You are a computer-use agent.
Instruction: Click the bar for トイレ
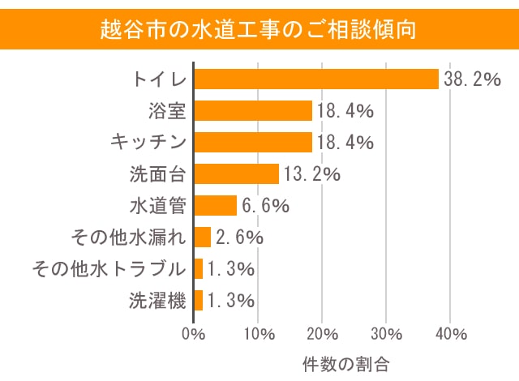tap(316, 79)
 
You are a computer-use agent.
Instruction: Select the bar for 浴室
tap(253, 110)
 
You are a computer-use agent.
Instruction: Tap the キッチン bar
tap(253, 142)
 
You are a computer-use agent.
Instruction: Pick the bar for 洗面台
tap(236, 173)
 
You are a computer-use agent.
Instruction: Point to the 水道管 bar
tap(216, 205)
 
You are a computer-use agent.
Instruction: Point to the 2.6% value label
tap(240, 238)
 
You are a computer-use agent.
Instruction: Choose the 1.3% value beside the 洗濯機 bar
tap(230, 301)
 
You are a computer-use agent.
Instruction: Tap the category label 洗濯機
tap(158, 301)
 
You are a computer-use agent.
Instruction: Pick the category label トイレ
tap(159, 79)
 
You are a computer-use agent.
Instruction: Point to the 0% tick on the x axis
tap(194, 333)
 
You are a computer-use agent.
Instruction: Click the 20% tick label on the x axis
tap(322, 333)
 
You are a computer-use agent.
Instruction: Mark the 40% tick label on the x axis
tap(451, 333)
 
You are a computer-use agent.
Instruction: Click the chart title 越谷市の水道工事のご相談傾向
tap(259, 30)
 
